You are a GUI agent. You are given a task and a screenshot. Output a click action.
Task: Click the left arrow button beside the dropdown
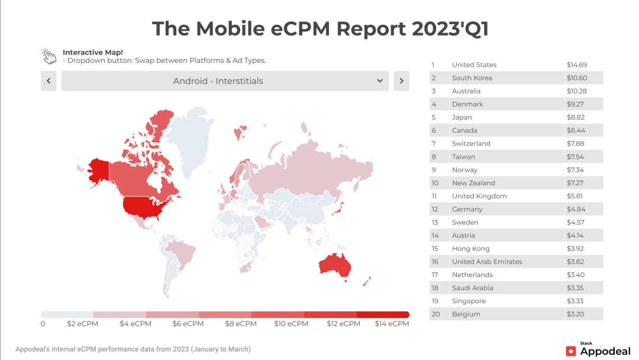pyautogui.click(x=49, y=81)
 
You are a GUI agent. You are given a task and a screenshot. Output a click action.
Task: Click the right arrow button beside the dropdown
pyautogui.click(x=401, y=81)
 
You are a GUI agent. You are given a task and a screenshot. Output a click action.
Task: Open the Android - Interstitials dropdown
pyautogui.click(x=225, y=81)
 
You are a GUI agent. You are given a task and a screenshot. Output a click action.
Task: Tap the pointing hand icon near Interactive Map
pyautogui.click(x=49, y=56)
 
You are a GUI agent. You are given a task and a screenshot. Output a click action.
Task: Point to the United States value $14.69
pyautogui.click(x=576, y=65)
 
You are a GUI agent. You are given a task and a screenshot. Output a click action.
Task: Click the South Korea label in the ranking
pyautogui.click(x=472, y=78)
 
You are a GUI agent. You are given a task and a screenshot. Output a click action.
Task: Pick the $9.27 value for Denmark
pyautogui.click(x=576, y=104)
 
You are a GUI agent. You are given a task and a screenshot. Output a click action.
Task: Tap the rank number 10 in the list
pyautogui.click(x=435, y=183)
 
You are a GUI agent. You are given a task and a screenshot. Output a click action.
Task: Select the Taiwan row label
pyautogui.click(x=463, y=157)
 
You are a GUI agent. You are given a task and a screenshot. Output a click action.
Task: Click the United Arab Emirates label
pyautogui.click(x=487, y=262)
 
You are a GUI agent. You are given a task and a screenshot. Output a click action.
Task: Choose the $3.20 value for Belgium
pyautogui.click(x=576, y=314)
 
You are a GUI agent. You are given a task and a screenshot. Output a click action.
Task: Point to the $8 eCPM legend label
pyautogui.click(x=241, y=324)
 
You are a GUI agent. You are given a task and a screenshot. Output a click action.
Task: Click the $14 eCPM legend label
pyautogui.click(x=392, y=324)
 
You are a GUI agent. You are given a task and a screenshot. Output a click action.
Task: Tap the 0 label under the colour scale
pyautogui.click(x=43, y=324)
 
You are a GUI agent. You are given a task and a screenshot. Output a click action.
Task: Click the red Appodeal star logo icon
pyautogui.click(x=571, y=351)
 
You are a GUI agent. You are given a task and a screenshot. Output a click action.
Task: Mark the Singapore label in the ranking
pyautogui.click(x=469, y=301)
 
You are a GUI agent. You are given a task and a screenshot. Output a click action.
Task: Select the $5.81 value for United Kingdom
pyautogui.click(x=576, y=196)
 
